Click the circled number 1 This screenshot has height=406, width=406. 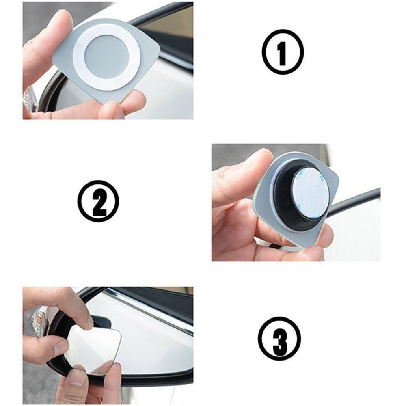(283, 52)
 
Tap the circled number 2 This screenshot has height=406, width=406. (98, 201)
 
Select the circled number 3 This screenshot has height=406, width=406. (279, 339)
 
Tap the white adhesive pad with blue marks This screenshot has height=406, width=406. (310, 192)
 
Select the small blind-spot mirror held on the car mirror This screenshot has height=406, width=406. (93, 349)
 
